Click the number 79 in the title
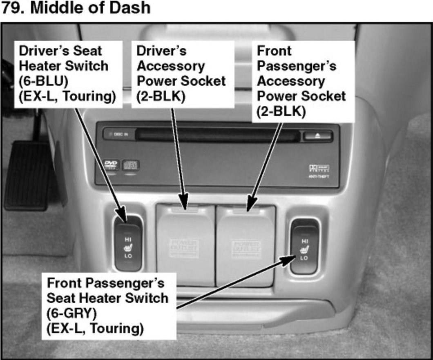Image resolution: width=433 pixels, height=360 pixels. coord(12,8)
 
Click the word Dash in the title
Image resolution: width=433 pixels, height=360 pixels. coord(132,8)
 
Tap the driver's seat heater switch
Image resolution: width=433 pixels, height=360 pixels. coord(128,244)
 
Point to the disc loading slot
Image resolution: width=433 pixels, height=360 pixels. coord(216,133)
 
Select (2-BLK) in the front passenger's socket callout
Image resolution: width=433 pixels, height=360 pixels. coord(281,111)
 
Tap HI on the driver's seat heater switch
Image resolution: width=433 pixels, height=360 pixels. coord(127,239)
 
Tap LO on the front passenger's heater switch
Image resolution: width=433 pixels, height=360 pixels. coord(304,258)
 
